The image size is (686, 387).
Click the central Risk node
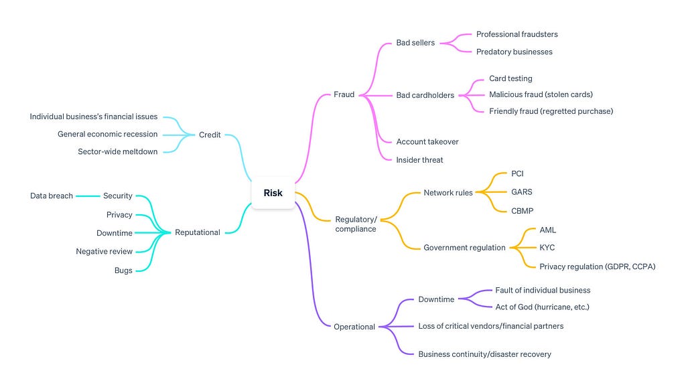(273, 193)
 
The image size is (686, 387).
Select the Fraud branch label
(344, 94)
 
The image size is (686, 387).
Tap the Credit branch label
(210, 135)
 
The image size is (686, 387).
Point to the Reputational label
(198, 232)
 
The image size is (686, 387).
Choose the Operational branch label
(354, 327)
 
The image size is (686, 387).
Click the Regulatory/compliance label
(356, 224)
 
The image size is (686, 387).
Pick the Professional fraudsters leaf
(517, 34)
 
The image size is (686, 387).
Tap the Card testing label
(510, 78)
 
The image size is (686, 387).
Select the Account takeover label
(427, 142)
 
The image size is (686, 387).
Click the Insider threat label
(419, 160)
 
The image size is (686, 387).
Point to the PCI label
(517, 173)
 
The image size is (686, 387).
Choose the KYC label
(547, 248)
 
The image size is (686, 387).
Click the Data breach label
(51, 196)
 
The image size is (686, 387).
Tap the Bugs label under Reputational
(123, 270)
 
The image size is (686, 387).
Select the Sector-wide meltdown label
(117, 152)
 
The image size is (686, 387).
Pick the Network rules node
(448, 192)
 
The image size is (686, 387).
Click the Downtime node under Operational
(436, 299)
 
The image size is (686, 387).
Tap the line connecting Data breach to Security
(88, 196)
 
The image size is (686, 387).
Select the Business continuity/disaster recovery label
(484, 354)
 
